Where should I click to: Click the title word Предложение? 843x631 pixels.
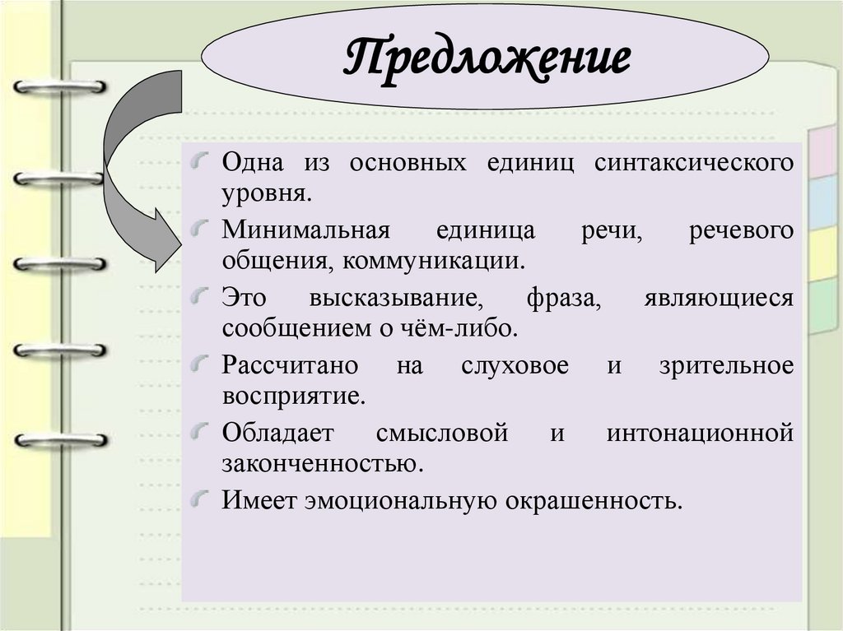click(x=487, y=59)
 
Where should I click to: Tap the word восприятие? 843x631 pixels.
click(x=292, y=397)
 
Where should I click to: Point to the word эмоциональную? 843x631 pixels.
click(x=398, y=499)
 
